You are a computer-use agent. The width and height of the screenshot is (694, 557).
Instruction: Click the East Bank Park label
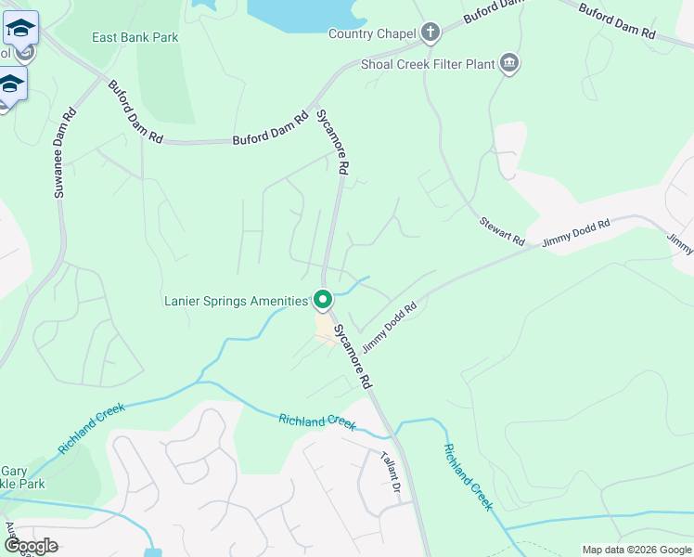[x=135, y=38]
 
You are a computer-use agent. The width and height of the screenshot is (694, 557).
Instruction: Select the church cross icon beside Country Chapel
[x=430, y=34]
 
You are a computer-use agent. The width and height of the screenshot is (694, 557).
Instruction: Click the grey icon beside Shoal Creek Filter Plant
[x=508, y=64]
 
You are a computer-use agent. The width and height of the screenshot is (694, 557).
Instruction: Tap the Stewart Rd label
[x=502, y=231]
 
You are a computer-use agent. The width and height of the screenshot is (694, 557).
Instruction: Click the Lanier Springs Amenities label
[x=236, y=301]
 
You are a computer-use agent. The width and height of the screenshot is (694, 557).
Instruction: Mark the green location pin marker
[x=323, y=301]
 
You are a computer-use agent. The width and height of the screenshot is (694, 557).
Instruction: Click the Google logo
[x=32, y=546]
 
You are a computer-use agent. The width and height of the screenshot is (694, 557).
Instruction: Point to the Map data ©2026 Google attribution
[x=636, y=550]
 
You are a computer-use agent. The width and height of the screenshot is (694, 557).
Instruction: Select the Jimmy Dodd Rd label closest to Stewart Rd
[x=576, y=232]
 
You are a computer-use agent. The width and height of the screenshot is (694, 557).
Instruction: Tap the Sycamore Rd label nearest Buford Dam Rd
[x=331, y=142]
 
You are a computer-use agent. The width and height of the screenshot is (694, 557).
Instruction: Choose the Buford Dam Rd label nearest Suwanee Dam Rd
[x=135, y=111]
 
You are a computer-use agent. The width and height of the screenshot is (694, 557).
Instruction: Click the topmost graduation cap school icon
[x=20, y=29]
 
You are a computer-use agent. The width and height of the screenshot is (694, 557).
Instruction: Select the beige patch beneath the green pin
[x=325, y=330]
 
